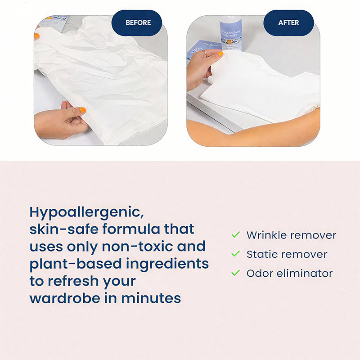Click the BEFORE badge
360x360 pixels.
(137, 22)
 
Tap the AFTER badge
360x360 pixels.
(288, 22)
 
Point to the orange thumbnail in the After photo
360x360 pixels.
(220, 53)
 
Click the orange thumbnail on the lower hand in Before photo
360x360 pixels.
(83, 110)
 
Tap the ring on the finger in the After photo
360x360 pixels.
(204, 53)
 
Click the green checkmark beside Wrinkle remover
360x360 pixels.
(235, 235)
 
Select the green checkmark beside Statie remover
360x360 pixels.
(235, 254)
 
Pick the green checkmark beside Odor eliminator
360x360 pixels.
(235, 273)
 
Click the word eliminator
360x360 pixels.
(304, 273)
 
